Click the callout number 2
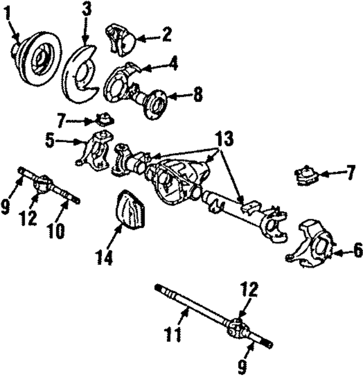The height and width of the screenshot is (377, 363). pos(166,36)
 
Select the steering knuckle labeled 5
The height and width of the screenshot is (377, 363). pos(95,151)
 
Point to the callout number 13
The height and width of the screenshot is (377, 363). pos(223,138)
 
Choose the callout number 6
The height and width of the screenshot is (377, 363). pos(357,250)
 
